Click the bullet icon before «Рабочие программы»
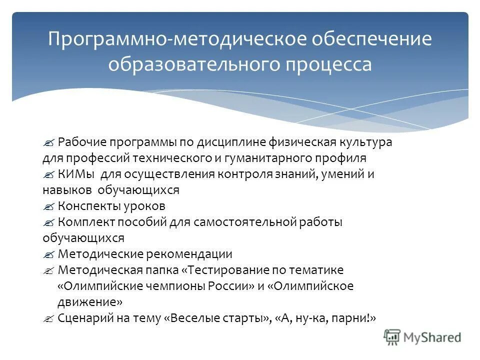[48, 142]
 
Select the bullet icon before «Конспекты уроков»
[48, 206]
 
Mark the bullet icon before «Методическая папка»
[48, 270]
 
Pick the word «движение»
[88, 302]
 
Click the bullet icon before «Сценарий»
[48, 318]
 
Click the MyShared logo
[422, 337]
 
